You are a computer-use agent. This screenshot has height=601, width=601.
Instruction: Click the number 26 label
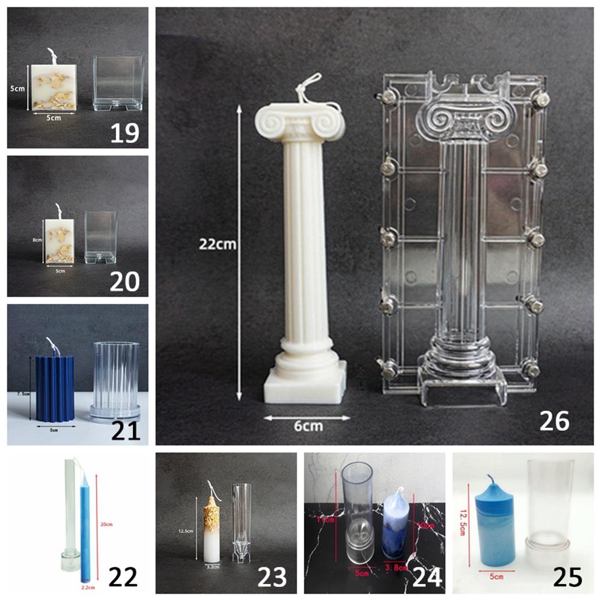click(554, 420)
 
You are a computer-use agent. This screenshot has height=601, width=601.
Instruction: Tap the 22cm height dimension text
click(218, 245)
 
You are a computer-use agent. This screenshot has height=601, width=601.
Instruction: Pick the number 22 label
click(123, 577)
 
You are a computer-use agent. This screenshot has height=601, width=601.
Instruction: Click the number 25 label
click(568, 577)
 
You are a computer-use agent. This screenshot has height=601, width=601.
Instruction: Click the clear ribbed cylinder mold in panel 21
click(115, 379)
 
